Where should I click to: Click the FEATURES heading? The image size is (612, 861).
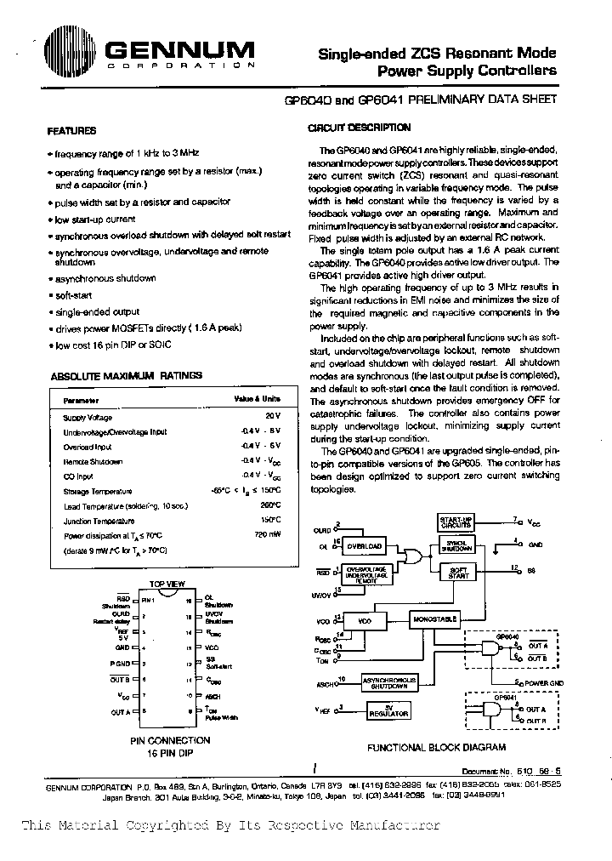[x=71, y=131]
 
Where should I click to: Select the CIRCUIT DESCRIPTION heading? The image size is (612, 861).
[x=358, y=128]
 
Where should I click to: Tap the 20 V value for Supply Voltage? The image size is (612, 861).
[x=272, y=417]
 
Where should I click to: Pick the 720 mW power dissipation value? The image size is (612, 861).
[x=268, y=535]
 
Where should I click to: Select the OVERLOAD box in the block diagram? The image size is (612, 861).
[x=364, y=545]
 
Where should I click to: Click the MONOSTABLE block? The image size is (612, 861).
[x=435, y=619]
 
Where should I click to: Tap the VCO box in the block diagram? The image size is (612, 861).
[x=365, y=622]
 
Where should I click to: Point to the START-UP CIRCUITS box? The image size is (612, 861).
[x=456, y=522]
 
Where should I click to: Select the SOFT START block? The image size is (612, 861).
[x=458, y=573]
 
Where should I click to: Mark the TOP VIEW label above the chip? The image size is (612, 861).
[x=167, y=584]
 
